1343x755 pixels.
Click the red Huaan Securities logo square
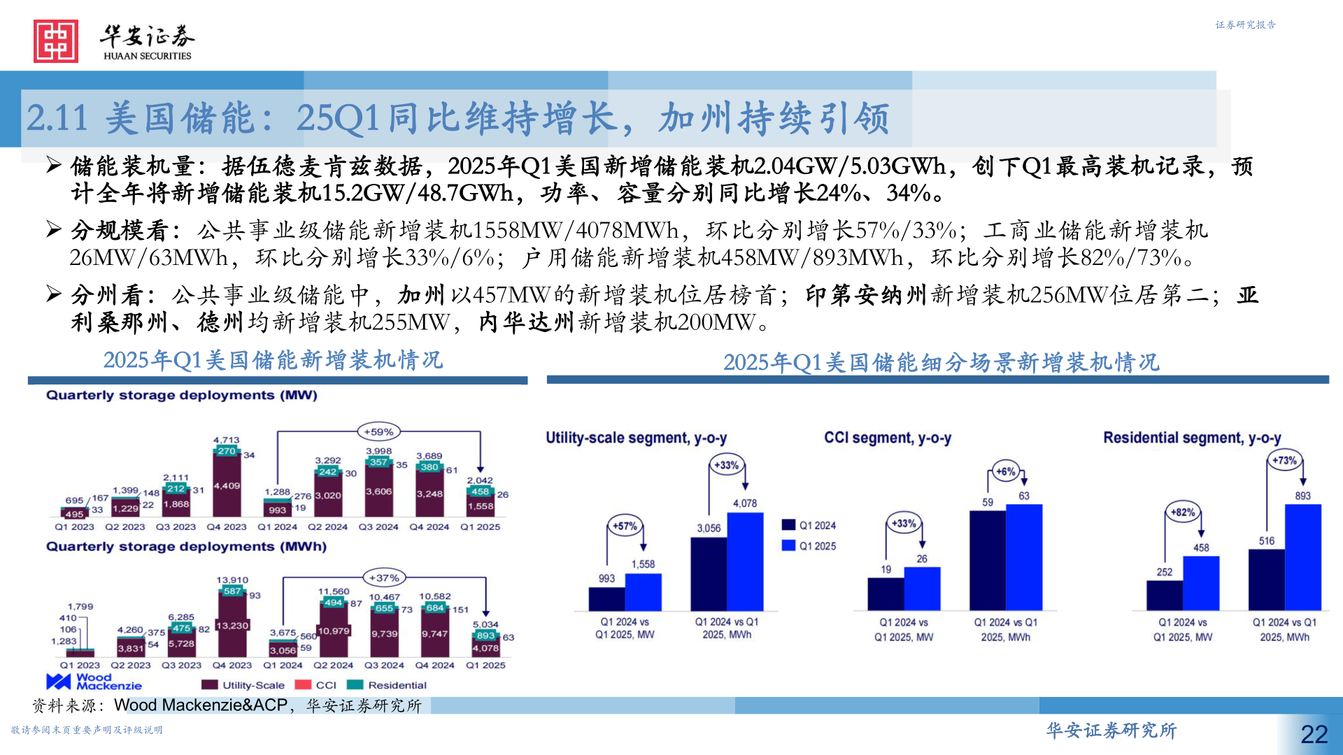(x=56, y=41)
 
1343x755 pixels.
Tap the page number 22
(x=1314, y=734)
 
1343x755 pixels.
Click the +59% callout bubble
(x=378, y=432)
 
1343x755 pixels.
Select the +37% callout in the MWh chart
(x=384, y=578)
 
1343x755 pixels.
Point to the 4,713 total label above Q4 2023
(x=227, y=440)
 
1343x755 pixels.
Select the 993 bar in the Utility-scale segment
(x=606, y=599)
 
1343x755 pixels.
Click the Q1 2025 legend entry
(x=809, y=546)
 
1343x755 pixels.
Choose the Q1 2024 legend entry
(x=809, y=525)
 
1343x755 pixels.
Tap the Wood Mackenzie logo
(x=94, y=682)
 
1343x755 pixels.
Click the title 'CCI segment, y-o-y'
(x=887, y=438)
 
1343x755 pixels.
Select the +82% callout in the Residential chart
(x=1183, y=512)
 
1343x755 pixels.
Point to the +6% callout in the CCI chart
(x=1005, y=472)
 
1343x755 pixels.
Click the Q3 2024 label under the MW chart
(x=378, y=527)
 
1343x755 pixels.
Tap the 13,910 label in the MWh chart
(x=232, y=580)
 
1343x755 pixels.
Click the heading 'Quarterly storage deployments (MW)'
(x=182, y=396)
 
